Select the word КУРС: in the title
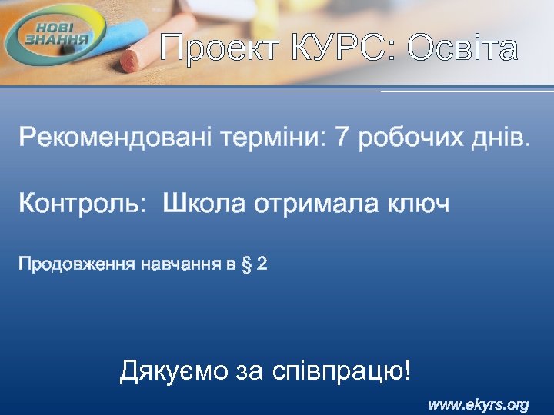click(333, 49)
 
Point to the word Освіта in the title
click(463, 49)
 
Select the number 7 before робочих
click(343, 139)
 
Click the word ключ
click(419, 204)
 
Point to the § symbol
click(246, 265)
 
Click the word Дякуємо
click(174, 372)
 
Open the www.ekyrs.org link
click(478, 404)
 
